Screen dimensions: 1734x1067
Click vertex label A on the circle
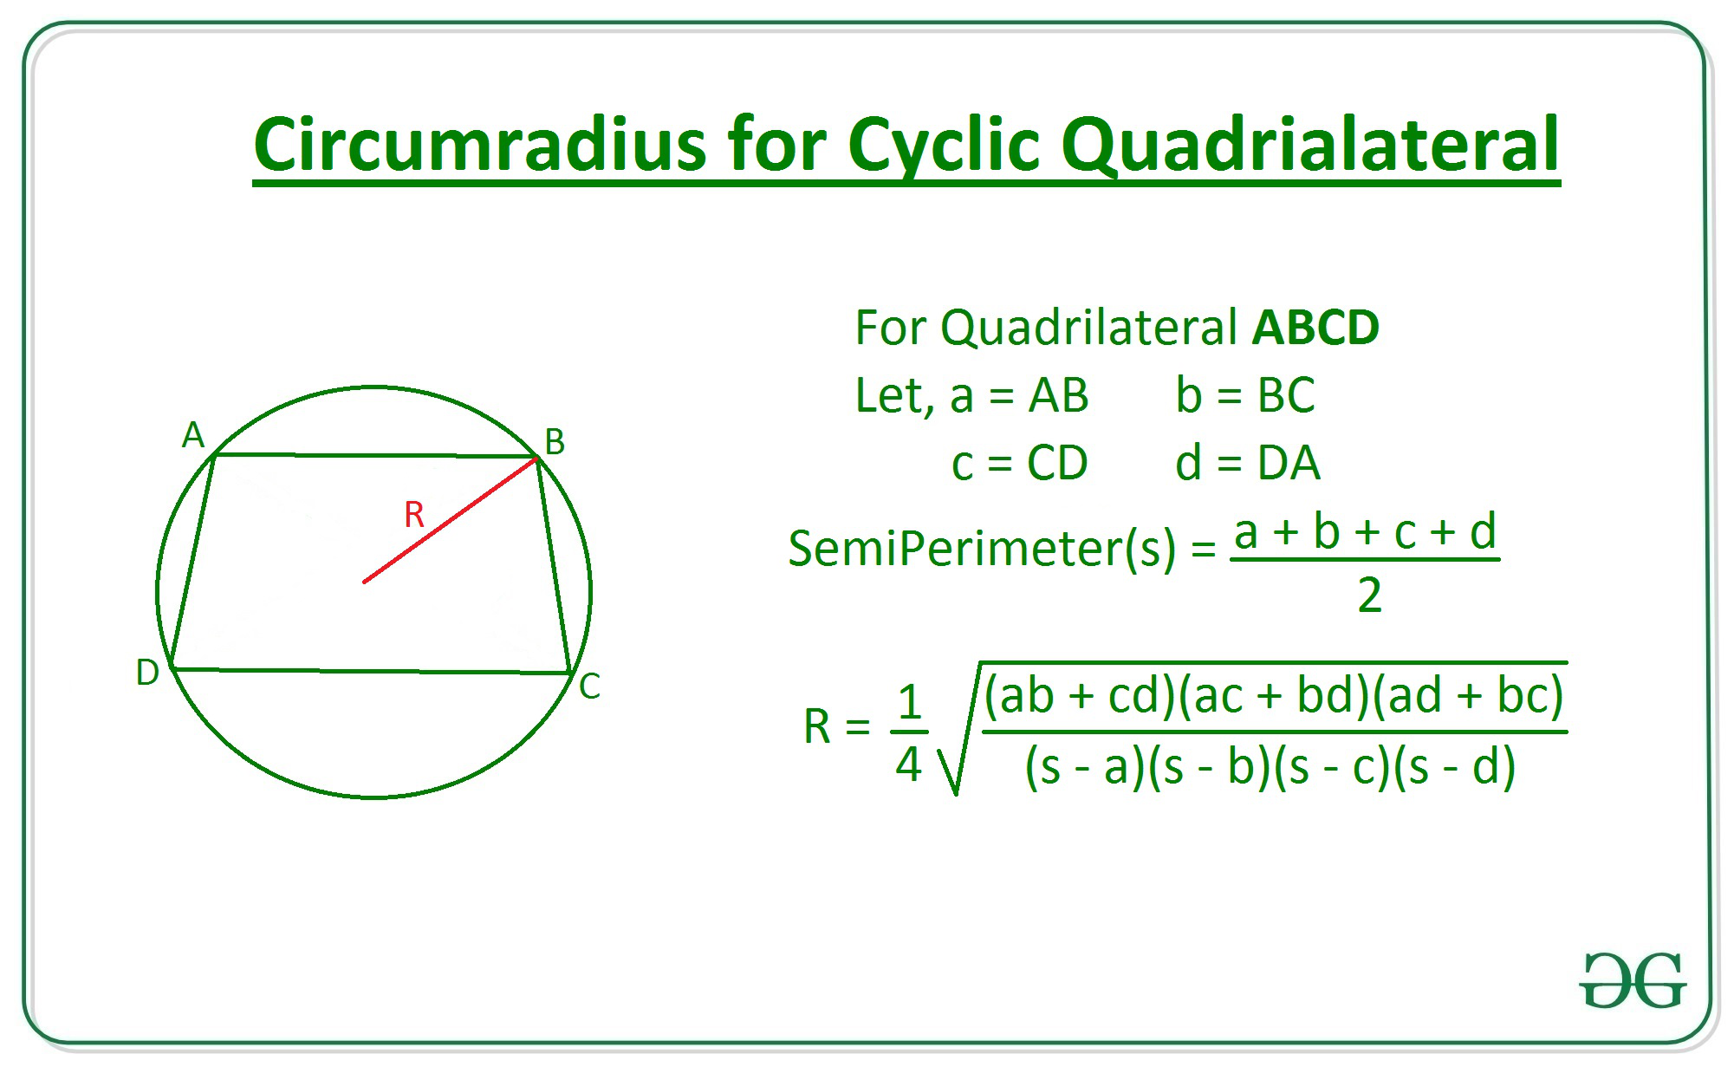[193, 435]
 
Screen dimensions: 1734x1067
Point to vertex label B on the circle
[555, 442]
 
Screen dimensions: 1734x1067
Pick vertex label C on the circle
[590, 686]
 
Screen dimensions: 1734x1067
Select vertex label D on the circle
[147, 673]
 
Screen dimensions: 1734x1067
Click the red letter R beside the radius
[414, 515]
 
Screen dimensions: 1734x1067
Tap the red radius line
[451, 521]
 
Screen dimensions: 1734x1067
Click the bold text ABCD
[1315, 328]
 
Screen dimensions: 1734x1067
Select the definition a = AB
[1019, 396]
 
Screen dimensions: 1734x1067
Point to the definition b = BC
[1245, 395]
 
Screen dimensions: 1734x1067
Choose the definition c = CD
[1019, 463]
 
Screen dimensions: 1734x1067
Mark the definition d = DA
[1248, 463]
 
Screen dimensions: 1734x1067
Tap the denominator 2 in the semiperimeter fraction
[1369, 595]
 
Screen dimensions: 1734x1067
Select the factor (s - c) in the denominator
[1334, 767]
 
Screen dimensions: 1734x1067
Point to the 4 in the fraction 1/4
[908, 764]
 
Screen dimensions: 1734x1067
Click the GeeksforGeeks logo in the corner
[1632, 980]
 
